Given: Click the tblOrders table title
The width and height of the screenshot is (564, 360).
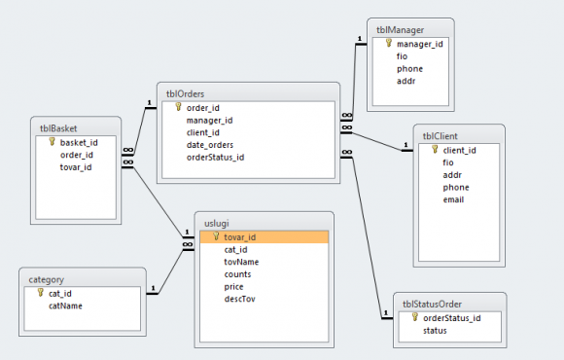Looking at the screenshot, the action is (185, 94).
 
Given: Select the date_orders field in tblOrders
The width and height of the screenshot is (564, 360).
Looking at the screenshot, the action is (210, 145).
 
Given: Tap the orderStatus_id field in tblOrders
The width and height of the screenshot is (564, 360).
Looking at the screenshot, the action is (215, 158).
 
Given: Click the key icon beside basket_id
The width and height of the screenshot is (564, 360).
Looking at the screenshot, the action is (53, 142).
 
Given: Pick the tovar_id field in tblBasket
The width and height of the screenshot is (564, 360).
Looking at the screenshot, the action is (76, 167).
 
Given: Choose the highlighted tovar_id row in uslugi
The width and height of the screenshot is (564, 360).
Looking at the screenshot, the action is (264, 236).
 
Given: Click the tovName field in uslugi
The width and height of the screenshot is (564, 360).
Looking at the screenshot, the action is (241, 262).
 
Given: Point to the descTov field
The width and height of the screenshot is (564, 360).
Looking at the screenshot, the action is (239, 299).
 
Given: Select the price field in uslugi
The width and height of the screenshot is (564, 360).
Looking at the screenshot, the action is (233, 287).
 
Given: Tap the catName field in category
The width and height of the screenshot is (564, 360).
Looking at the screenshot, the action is (65, 306).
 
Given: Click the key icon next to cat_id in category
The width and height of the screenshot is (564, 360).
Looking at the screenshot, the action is (41, 293).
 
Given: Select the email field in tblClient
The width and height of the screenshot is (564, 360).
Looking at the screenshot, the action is (453, 199).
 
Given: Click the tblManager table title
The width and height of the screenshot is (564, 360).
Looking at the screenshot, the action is (400, 30).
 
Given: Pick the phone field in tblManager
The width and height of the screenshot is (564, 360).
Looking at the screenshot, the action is (409, 69).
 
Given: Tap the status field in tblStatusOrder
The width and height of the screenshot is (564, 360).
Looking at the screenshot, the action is (435, 331).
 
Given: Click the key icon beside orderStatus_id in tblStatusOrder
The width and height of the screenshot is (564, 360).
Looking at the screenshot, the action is (415, 317).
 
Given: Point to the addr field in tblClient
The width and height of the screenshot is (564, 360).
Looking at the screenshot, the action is (452, 175).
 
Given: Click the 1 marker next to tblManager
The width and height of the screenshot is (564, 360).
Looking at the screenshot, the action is (360, 39).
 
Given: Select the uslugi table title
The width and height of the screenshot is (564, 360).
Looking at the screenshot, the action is (217, 224).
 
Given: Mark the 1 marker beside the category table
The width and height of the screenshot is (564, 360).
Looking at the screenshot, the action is (153, 288).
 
